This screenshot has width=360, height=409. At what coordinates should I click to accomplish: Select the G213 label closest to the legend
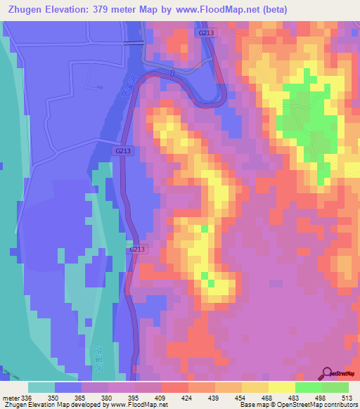tap(137, 249)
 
